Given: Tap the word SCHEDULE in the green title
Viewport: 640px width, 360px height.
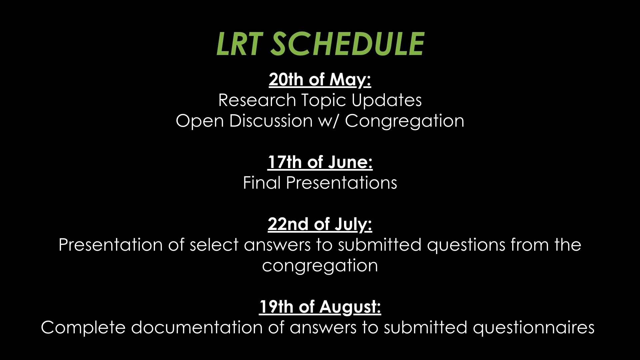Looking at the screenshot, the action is (x=347, y=44).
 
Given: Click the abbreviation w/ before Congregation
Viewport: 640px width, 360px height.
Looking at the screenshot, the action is (x=329, y=121).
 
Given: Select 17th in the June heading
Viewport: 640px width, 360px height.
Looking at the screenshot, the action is (x=285, y=162).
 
